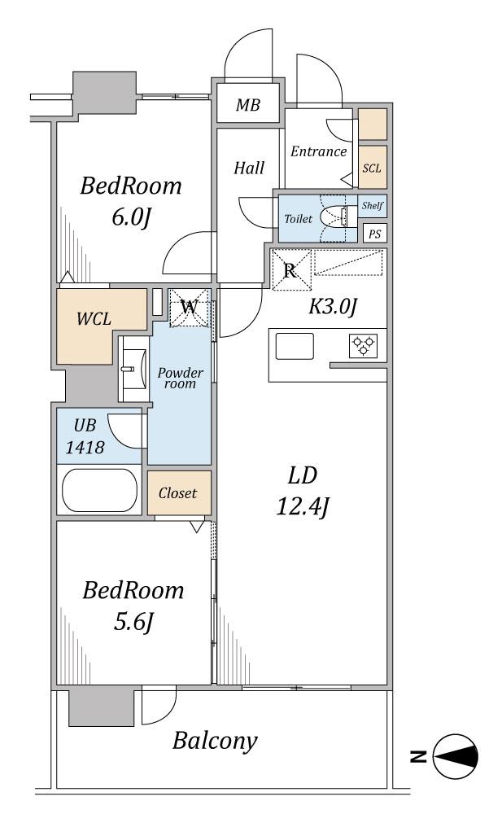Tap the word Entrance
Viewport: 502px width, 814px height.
click(319, 151)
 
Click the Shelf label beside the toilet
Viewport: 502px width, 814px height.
click(373, 206)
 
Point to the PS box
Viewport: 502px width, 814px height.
click(374, 233)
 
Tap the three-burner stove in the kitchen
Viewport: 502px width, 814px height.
click(363, 346)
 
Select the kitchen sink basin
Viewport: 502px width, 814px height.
click(294, 346)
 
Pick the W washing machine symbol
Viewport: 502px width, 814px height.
click(189, 308)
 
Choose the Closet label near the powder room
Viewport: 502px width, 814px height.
click(178, 493)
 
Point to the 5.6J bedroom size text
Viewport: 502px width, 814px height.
click(133, 622)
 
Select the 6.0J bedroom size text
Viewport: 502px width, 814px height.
click(130, 217)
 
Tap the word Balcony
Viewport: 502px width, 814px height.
click(216, 741)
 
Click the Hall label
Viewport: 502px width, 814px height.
click(249, 168)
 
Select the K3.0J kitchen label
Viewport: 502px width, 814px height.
click(334, 306)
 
